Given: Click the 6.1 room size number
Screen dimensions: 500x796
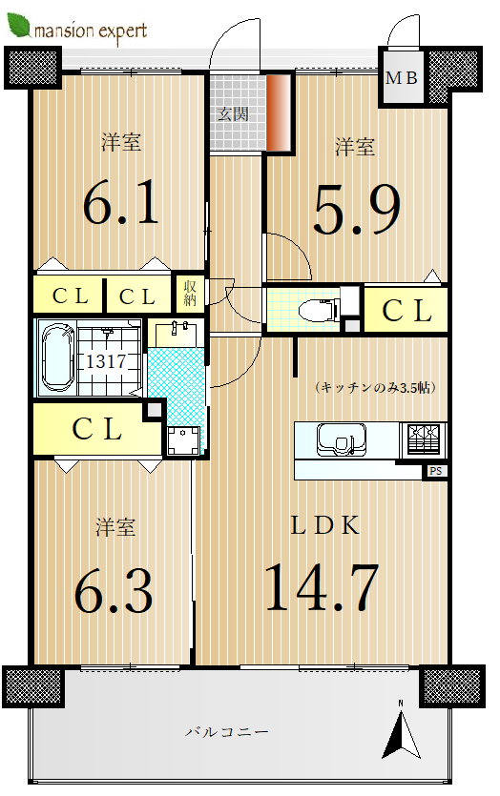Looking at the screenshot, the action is coord(121,205).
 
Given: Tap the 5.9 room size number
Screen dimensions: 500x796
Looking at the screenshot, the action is coord(357,209).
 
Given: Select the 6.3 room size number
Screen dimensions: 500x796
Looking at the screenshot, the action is coord(114,591).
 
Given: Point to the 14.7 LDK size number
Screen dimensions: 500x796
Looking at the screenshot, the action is coord(322,587).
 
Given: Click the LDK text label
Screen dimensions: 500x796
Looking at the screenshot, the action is coord(324,525).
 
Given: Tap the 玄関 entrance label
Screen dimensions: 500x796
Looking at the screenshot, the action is coord(233,113).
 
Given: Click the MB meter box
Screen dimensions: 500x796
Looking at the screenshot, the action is coord(402,77).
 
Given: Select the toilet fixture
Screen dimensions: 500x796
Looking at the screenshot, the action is coord(319,309).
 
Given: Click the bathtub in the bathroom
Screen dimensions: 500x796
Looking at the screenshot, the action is coord(57,357).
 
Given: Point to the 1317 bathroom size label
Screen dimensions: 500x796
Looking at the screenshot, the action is coord(106,361).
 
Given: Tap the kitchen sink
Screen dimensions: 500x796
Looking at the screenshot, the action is coord(341,439).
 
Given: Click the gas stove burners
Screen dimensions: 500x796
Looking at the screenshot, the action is coord(424,439).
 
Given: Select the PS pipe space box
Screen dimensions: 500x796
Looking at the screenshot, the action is coord(435,472).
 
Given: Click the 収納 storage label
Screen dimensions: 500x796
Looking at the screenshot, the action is coord(190,293).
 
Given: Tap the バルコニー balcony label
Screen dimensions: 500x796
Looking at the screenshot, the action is coord(226,731).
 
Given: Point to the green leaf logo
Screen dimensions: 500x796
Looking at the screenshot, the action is coord(18,26).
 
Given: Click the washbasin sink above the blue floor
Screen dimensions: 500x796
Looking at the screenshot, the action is coord(176,334).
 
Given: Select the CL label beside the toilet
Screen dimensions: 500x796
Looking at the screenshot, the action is coord(406,310).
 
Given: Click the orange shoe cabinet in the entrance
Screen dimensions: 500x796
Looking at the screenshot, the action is coord(278,112).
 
